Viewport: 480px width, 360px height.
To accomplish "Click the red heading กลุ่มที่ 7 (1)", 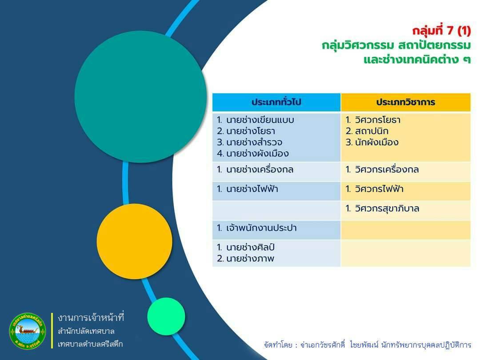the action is point(441,31).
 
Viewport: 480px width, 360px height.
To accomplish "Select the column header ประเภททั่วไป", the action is point(276,102).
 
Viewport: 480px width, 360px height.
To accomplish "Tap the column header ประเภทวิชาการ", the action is point(406,102).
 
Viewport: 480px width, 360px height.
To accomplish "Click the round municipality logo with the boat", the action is point(28,331).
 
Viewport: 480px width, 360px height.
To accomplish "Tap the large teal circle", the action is point(140,97).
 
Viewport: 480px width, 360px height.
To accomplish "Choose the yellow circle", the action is point(134,241).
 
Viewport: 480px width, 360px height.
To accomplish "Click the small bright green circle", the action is point(166,316).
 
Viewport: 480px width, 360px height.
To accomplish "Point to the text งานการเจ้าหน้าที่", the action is point(91,318).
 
